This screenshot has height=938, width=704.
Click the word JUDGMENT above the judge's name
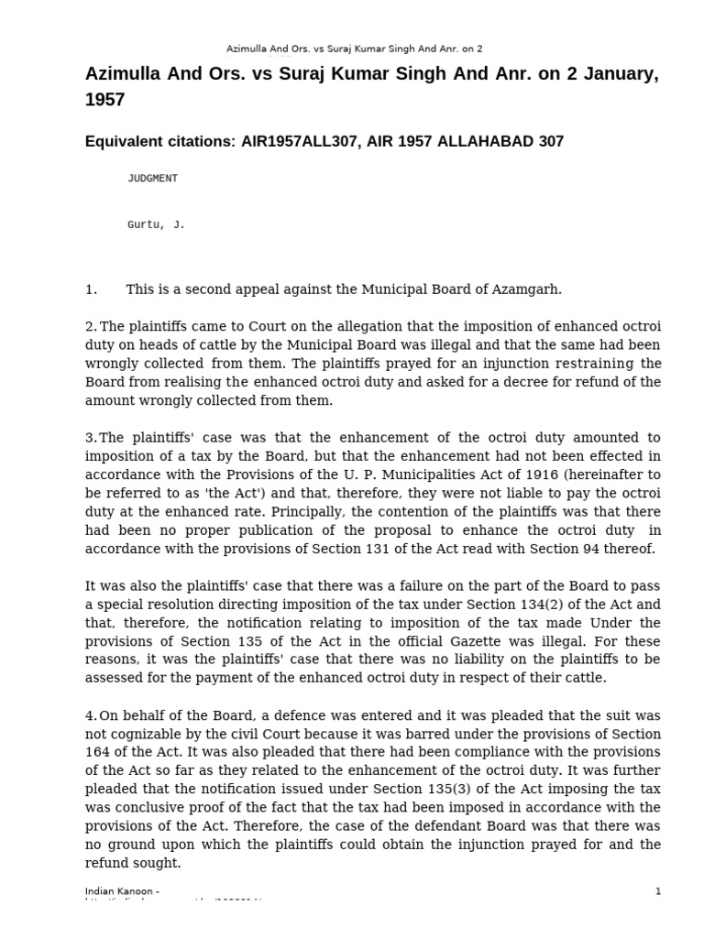point(152,179)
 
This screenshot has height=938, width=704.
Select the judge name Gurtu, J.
point(156,224)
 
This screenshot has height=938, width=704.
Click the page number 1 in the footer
point(658,891)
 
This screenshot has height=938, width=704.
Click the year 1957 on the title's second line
point(104,100)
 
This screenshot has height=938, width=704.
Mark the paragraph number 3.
point(91,438)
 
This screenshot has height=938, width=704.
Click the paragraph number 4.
point(91,715)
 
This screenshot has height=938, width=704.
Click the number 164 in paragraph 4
point(98,752)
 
